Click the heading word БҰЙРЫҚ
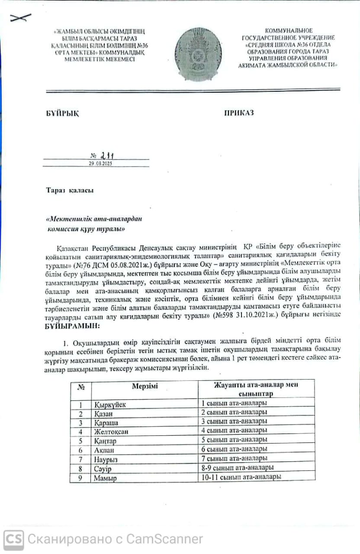(x=62, y=113)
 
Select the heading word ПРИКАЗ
(x=239, y=113)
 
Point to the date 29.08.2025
(x=100, y=163)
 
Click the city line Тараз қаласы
(x=70, y=190)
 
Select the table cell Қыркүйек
(x=110, y=405)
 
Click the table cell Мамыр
(x=105, y=478)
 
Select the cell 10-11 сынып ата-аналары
(x=241, y=477)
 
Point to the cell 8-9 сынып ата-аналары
(x=237, y=467)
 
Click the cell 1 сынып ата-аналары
(x=234, y=403)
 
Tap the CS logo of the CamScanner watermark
(x=14, y=539)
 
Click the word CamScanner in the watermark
(x=164, y=539)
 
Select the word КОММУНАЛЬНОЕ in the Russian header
(x=289, y=31)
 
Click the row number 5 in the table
(x=80, y=441)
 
